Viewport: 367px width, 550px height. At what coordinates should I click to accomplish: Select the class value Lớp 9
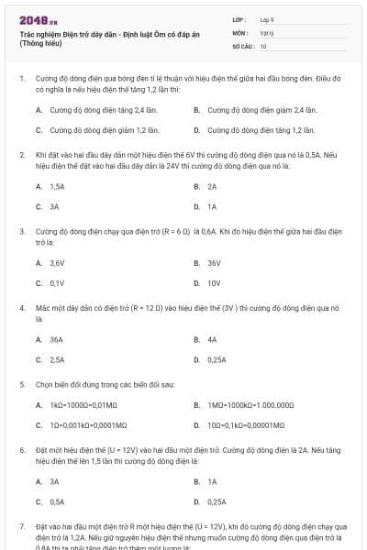(x=267, y=18)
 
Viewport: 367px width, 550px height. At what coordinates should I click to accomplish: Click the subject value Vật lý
(x=266, y=32)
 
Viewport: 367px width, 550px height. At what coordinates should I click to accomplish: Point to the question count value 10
(x=263, y=45)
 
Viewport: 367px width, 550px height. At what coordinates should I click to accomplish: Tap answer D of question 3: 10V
(x=213, y=283)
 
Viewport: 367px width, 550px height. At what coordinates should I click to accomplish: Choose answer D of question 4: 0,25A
(x=217, y=360)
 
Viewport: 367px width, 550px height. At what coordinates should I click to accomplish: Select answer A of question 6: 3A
(x=54, y=481)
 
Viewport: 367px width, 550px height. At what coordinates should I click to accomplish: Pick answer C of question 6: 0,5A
(x=57, y=501)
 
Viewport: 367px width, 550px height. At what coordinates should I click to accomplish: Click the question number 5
(x=22, y=383)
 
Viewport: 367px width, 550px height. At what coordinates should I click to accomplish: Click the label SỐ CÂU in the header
(x=242, y=45)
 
